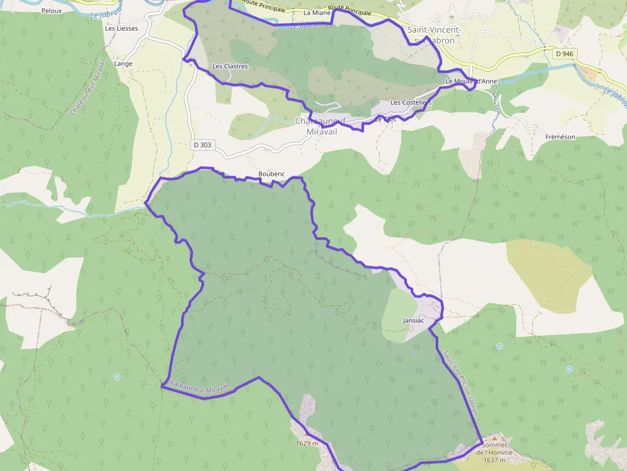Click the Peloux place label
click(x=51, y=11)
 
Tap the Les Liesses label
click(x=122, y=28)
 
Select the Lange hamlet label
click(x=123, y=64)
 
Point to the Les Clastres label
click(x=230, y=66)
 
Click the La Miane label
click(x=317, y=13)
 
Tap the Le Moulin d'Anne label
click(x=471, y=81)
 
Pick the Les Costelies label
click(x=411, y=102)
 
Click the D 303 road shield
click(x=202, y=145)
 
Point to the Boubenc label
click(x=271, y=174)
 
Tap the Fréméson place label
click(x=560, y=137)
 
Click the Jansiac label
click(x=415, y=320)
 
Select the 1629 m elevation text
click(x=307, y=443)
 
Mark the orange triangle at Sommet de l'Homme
click(x=494, y=438)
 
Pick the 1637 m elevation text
click(x=495, y=460)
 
